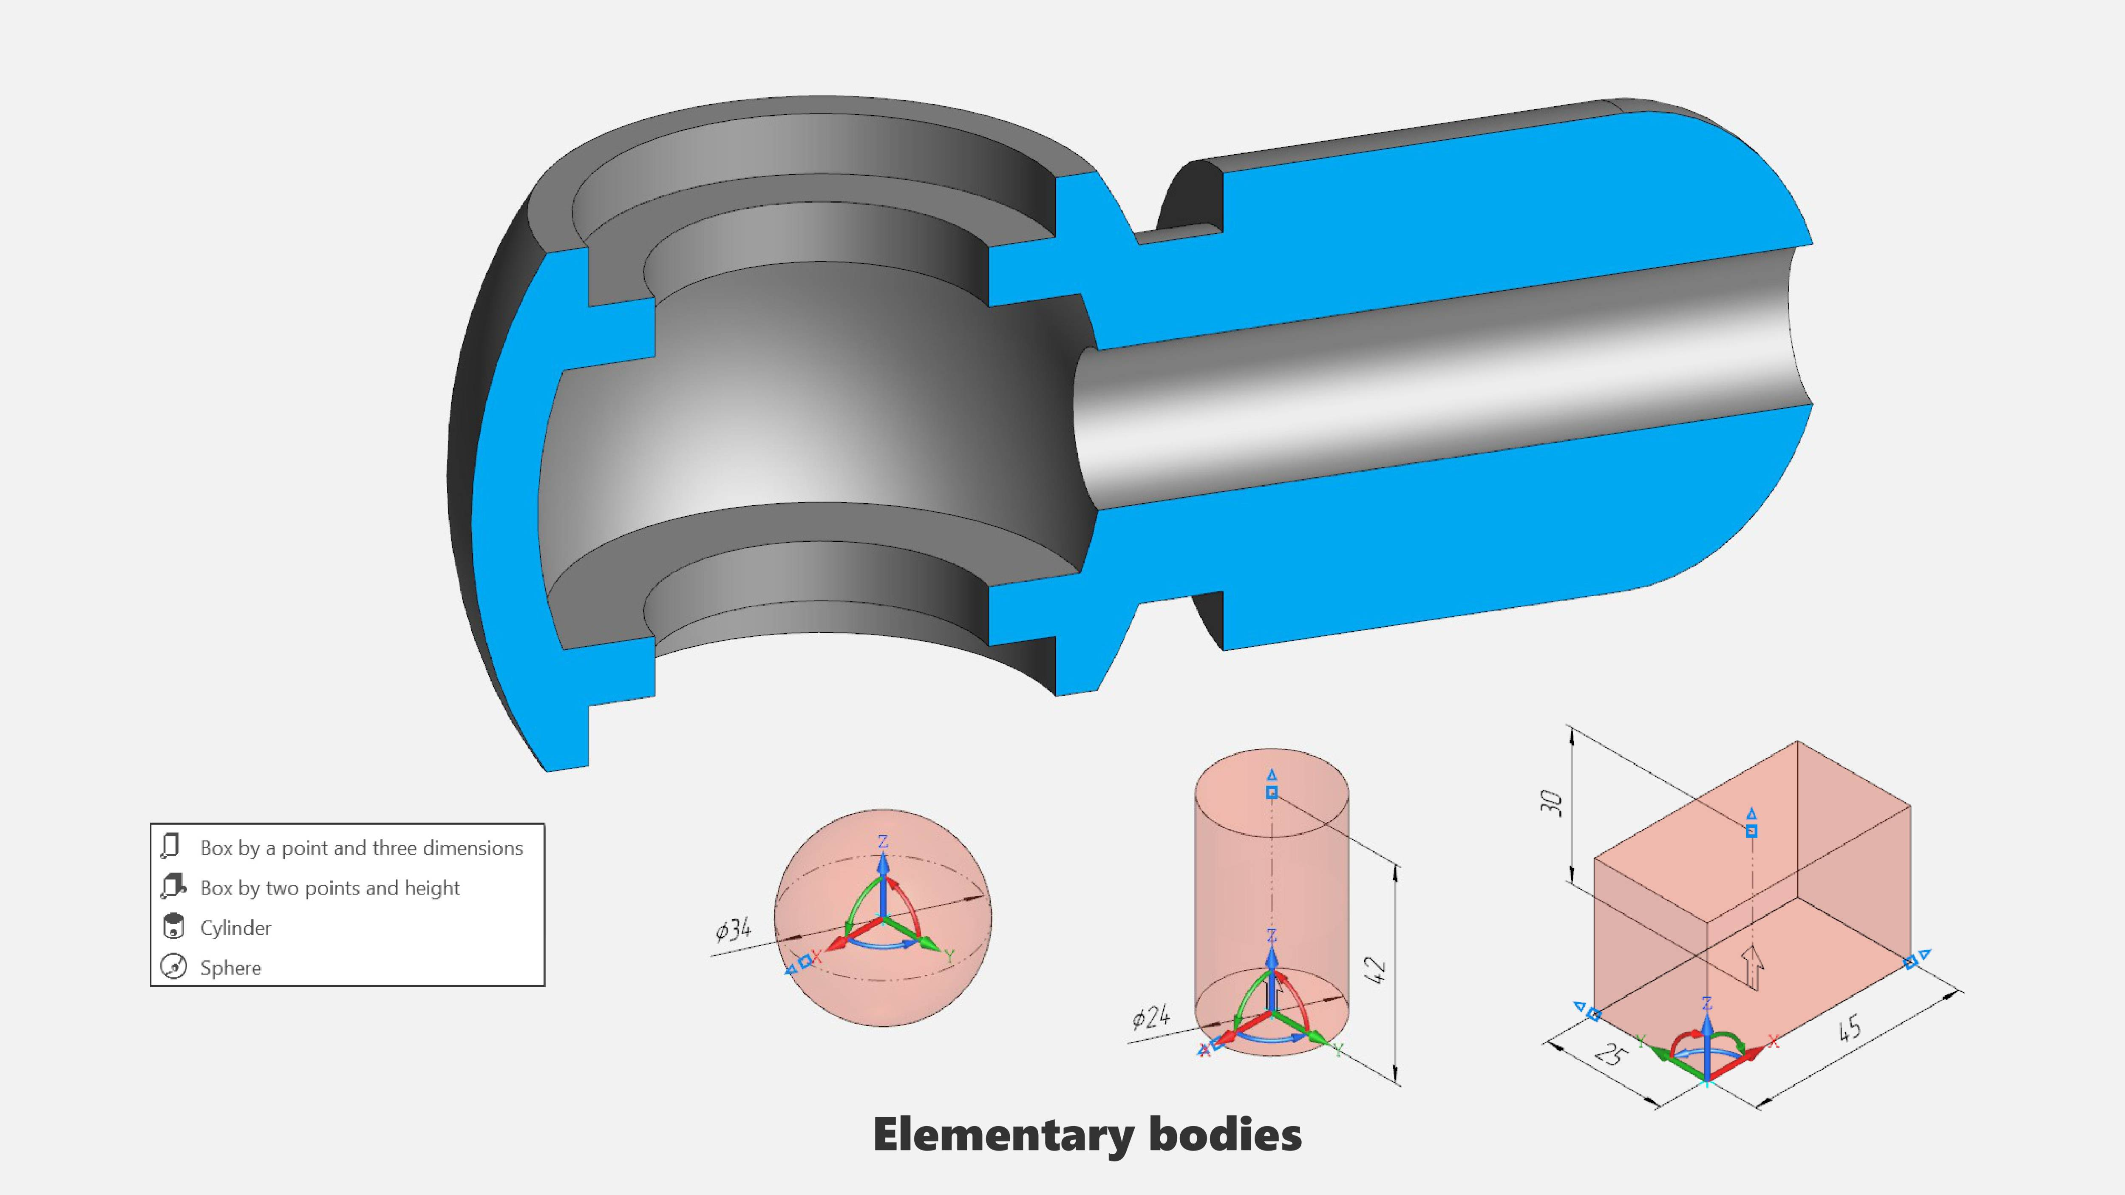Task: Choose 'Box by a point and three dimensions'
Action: click(x=361, y=848)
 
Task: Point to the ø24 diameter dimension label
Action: click(x=1151, y=1018)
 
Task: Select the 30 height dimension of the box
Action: click(x=1552, y=802)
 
